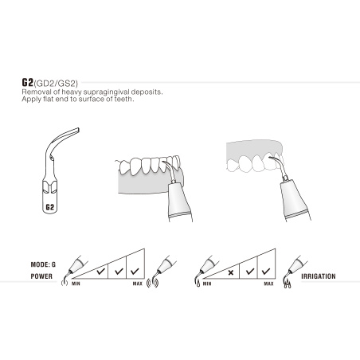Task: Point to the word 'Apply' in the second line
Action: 32,100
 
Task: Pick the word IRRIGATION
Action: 320,278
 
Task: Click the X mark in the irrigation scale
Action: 231,272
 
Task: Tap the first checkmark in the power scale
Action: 101,272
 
